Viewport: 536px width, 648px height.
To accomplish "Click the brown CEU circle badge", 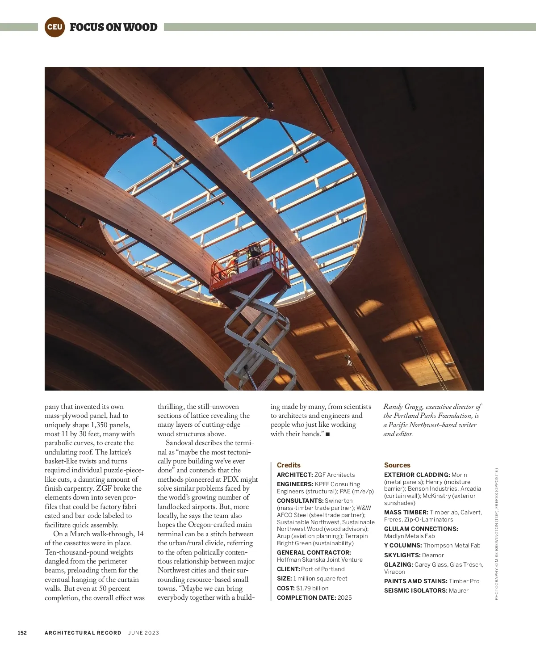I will (54, 27).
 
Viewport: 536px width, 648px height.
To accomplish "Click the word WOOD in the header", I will (140, 27).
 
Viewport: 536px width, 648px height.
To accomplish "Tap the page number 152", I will (22, 633).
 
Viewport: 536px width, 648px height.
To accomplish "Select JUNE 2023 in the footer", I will (144, 633).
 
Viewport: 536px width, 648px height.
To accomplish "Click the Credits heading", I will (289, 465).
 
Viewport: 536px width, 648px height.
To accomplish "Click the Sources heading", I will (397, 465).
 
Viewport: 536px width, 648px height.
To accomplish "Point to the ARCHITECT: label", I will (295, 475).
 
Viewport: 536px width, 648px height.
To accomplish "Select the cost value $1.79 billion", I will (312, 589).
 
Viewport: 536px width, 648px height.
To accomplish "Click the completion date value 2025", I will (345, 598).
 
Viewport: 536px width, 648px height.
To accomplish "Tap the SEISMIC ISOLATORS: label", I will (415, 591).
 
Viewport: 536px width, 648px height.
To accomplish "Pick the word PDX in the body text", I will (230, 480).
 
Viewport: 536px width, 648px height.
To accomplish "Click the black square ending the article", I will (328, 434).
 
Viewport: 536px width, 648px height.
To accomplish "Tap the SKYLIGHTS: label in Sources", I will (402, 555).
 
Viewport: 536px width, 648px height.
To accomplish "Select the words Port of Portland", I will (323, 569).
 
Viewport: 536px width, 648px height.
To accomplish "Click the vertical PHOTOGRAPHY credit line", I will (496, 534).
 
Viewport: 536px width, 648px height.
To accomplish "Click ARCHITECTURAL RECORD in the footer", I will (83, 633).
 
